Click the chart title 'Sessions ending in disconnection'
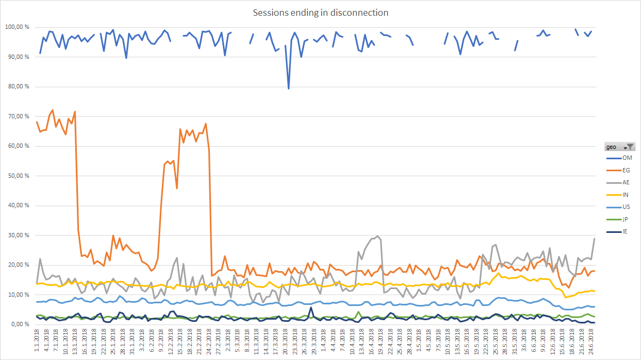pyautogui.click(x=320, y=13)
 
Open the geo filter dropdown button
pyautogui.click(x=630, y=146)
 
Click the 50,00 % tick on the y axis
pyautogui.click(x=19, y=176)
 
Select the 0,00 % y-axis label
pyautogui.click(x=20, y=325)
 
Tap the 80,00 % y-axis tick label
pyautogui.click(x=19, y=87)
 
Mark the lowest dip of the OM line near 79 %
pyautogui.click(x=288, y=88)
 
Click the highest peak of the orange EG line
pyautogui.click(x=52, y=110)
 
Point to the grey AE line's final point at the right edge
pyautogui.click(x=594, y=239)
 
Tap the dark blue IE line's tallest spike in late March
pyautogui.click(x=311, y=308)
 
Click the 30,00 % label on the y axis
pyautogui.click(x=19, y=235)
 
